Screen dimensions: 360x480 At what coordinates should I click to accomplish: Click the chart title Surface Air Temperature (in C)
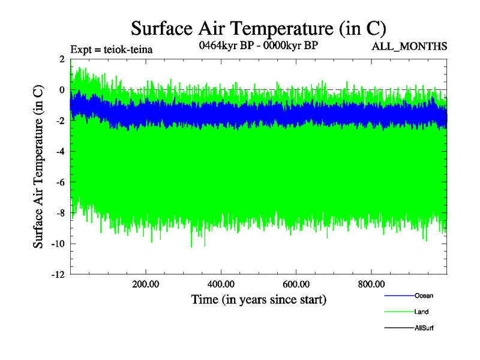click(x=258, y=28)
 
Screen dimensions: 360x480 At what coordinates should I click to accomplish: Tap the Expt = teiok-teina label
click(x=111, y=49)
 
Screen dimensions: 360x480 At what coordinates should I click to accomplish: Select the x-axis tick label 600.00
click(x=296, y=284)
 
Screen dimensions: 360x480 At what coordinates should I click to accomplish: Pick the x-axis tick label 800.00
click(x=371, y=284)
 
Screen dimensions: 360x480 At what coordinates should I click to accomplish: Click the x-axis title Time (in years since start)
click(x=259, y=298)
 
